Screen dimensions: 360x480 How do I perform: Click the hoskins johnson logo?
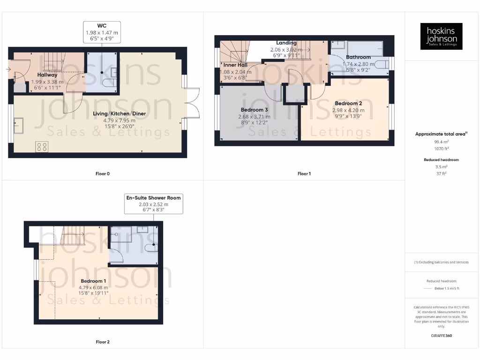(x=441, y=36)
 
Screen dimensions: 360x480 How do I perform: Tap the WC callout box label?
(x=102, y=32)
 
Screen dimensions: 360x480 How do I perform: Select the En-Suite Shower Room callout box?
(x=153, y=204)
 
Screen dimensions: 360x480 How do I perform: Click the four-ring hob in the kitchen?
(x=42, y=147)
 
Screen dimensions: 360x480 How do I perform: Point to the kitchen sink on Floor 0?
(x=19, y=125)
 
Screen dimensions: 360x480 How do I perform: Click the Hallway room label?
(x=47, y=75)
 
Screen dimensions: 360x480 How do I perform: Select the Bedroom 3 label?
(x=253, y=110)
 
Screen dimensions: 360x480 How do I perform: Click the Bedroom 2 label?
(x=348, y=104)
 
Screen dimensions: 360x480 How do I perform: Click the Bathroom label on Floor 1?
(x=358, y=57)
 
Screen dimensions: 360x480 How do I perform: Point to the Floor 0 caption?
(x=102, y=174)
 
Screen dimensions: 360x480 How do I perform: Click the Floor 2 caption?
(x=102, y=342)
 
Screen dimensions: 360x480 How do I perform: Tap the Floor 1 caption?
(x=304, y=174)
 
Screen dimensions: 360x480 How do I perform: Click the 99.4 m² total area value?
(x=441, y=141)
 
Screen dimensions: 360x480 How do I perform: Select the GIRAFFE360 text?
(x=441, y=336)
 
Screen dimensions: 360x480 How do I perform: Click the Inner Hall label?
(x=235, y=65)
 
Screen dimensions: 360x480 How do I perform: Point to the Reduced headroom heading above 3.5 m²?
(x=441, y=160)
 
